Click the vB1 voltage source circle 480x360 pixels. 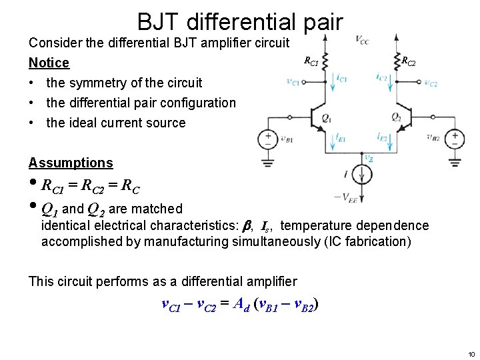[268, 139]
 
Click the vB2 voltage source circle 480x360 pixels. [456, 139]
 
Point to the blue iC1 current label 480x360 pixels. [342, 79]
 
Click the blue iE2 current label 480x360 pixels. [383, 138]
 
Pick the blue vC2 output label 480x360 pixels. [430, 83]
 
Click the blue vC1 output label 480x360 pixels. [292, 83]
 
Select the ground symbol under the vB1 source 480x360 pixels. [268, 162]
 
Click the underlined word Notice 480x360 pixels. [49, 63]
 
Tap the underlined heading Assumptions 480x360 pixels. [71, 163]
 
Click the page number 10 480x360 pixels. [471, 354]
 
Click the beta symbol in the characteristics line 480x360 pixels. [244, 226]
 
